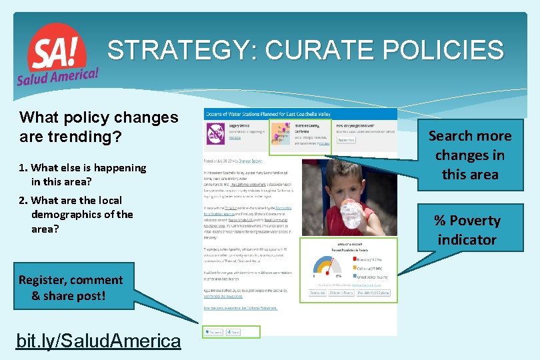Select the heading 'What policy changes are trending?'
(x=99, y=127)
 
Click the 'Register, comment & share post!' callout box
(x=71, y=287)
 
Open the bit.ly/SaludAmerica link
(x=99, y=341)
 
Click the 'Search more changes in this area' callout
(x=469, y=155)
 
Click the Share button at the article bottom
(x=233, y=331)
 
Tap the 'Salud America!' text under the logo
(x=59, y=75)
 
